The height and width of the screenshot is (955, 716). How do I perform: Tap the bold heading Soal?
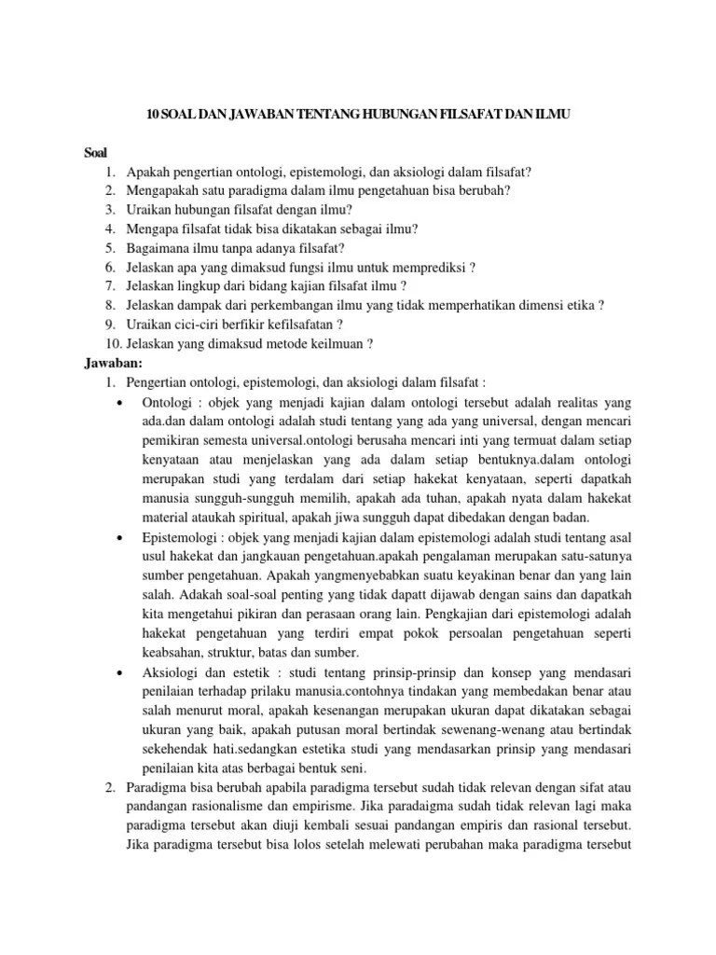(95, 153)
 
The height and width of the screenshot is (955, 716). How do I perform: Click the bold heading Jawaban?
(109, 362)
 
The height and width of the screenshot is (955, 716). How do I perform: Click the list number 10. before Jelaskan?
(111, 343)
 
